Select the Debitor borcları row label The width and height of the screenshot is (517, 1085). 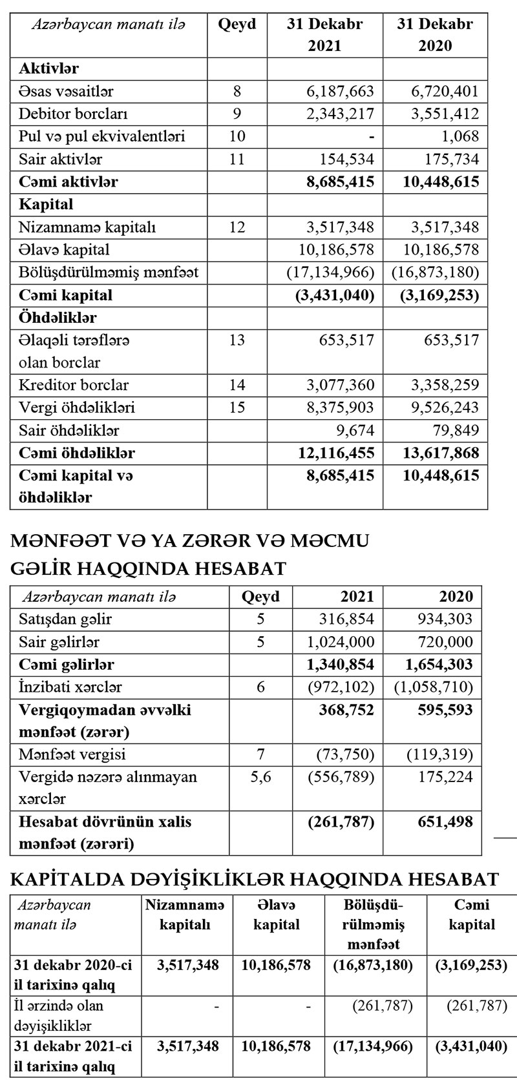[x=73, y=114]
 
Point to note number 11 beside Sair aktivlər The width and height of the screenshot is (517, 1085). [x=237, y=159]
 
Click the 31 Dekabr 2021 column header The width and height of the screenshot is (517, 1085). [x=324, y=35]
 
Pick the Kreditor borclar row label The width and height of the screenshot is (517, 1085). [x=74, y=385]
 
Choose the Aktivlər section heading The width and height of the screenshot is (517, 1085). [x=49, y=68]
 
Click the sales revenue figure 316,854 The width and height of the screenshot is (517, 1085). [x=347, y=619]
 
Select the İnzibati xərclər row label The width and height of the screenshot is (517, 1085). [x=70, y=687]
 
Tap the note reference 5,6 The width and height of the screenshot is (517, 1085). [x=260, y=777]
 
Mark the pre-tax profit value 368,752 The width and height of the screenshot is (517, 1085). [x=346, y=709]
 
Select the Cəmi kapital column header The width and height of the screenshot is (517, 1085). [x=472, y=914]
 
